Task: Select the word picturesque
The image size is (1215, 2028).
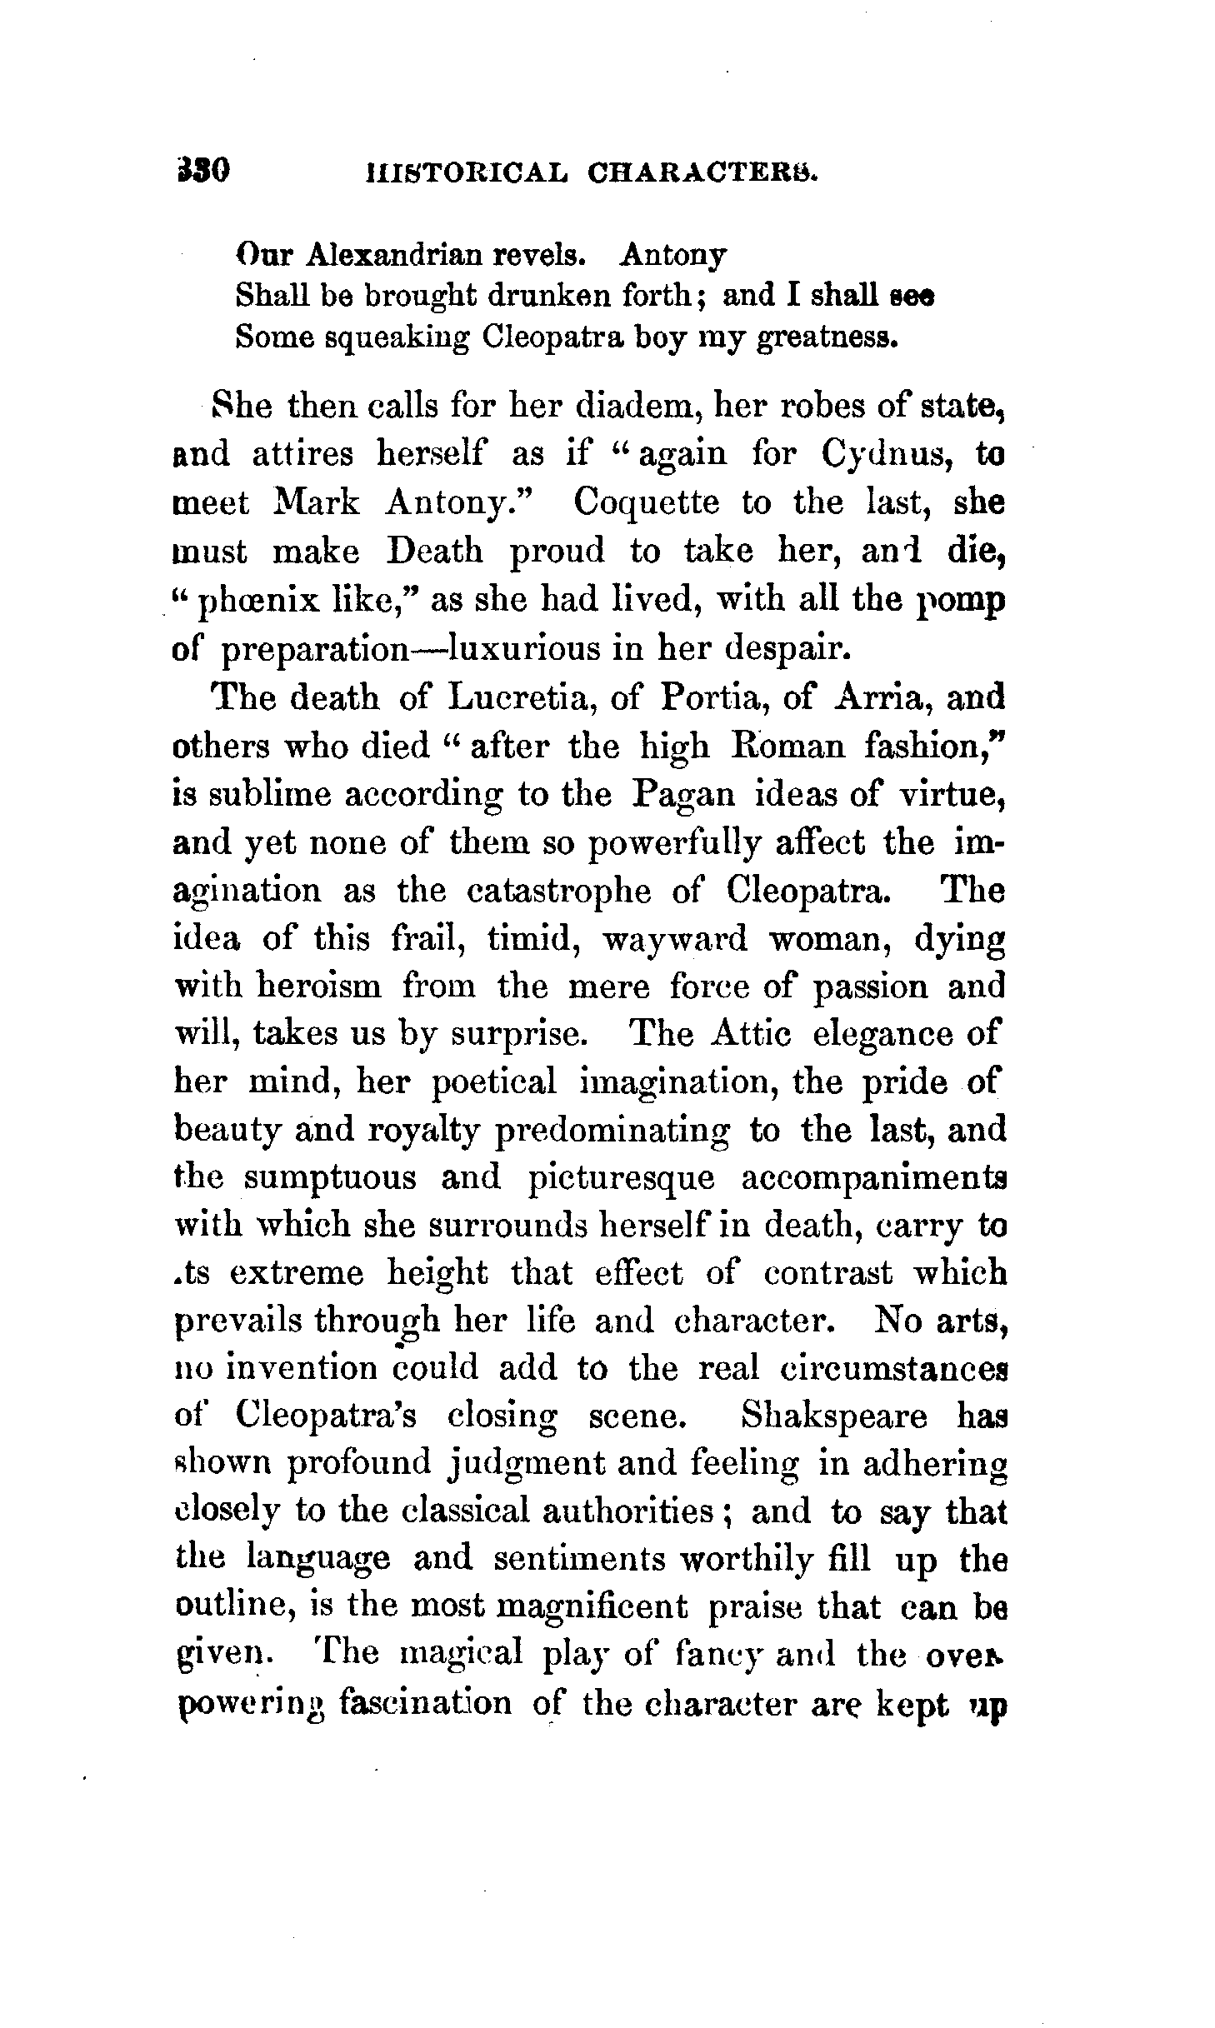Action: point(622,1178)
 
